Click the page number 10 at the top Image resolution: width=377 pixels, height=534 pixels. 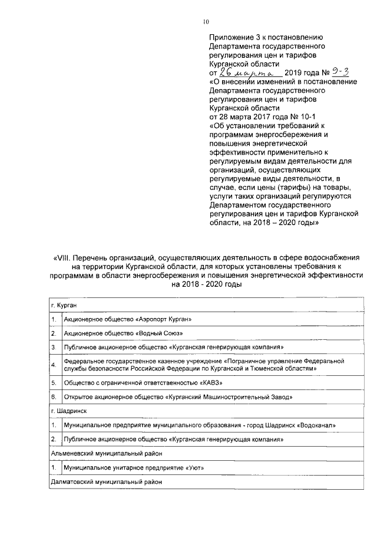pos(206,22)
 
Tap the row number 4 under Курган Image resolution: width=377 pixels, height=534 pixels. pos(54,365)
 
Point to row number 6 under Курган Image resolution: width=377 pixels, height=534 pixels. pos(54,397)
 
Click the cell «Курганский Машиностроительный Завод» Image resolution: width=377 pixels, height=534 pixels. pos(177,397)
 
